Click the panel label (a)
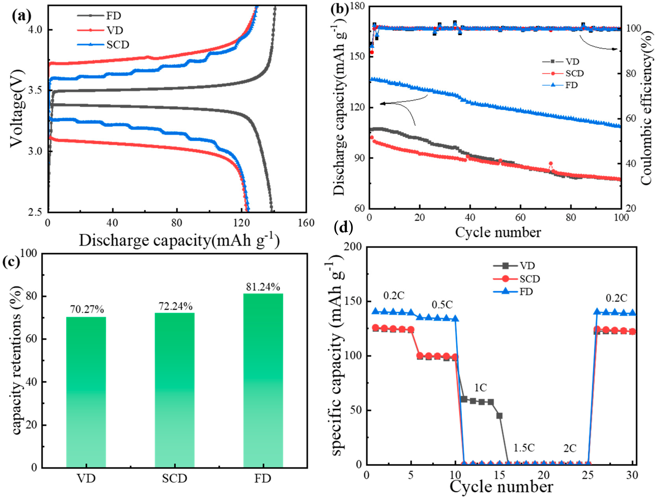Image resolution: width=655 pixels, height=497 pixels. (21, 16)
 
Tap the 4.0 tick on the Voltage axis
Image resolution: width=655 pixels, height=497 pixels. (37, 30)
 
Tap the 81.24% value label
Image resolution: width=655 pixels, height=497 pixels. (263, 287)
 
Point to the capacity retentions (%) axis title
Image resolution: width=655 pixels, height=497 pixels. (17, 360)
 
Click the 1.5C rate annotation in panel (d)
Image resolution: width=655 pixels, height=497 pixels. (524, 448)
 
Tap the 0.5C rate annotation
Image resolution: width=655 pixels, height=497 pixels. (442, 305)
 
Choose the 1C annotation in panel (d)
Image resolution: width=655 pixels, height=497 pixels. (480, 387)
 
